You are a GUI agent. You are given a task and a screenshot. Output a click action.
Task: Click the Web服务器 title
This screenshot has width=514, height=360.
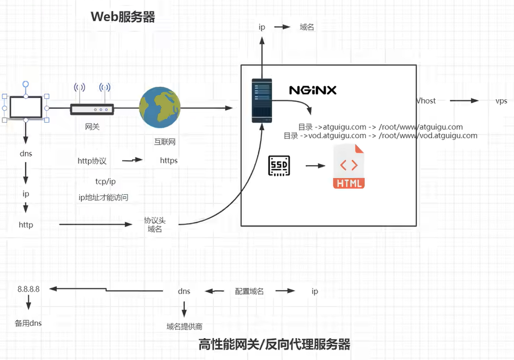pyautogui.click(x=123, y=17)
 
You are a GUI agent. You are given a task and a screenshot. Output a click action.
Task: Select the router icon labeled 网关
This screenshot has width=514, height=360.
pyautogui.click(x=92, y=109)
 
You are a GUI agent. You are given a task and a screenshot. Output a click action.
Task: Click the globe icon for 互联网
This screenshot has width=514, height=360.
pyautogui.click(x=160, y=108)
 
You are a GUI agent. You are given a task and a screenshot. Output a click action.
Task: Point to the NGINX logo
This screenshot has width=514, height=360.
pyautogui.click(x=313, y=90)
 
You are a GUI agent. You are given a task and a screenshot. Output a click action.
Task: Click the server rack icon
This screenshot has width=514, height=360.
pyautogui.click(x=261, y=100)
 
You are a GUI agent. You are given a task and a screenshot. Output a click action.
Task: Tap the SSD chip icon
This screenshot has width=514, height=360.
pyautogui.click(x=279, y=165)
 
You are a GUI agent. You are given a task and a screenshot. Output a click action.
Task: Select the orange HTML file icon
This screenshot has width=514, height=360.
pyautogui.click(x=349, y=166)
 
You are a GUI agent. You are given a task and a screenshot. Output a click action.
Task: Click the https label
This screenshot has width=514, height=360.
pyautogui.click(x=169, y=160)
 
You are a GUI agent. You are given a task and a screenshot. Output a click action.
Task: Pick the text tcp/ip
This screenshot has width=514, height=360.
pyautogui.click(x=105, y=181)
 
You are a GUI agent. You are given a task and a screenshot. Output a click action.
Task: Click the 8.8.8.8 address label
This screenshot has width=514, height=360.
pyautogui.click(x=28, y=289)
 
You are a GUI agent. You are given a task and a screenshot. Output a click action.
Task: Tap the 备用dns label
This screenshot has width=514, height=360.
pyautogui.click(x=28, y=323)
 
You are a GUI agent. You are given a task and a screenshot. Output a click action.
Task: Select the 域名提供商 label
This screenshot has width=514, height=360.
pyautogui.click(x=184, y=326)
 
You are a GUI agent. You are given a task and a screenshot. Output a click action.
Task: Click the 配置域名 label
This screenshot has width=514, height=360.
pyautogui.click(x=249, y=291)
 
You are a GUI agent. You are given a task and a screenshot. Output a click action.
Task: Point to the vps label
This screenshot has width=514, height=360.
pyautogui.click(x=501, y=101)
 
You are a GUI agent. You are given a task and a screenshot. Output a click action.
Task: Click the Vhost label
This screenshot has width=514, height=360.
pyautogui.click(x=426, y=101)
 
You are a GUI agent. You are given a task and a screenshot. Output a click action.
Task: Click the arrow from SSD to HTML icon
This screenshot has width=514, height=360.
pyautogui.click(x=315, y=165)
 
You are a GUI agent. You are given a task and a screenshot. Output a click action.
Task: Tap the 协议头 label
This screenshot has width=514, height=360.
pyautogui.click(x=154, y=220)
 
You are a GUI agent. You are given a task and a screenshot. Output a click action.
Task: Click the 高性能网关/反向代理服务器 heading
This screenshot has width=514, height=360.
pyautogui.click(x=274, y=345)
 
